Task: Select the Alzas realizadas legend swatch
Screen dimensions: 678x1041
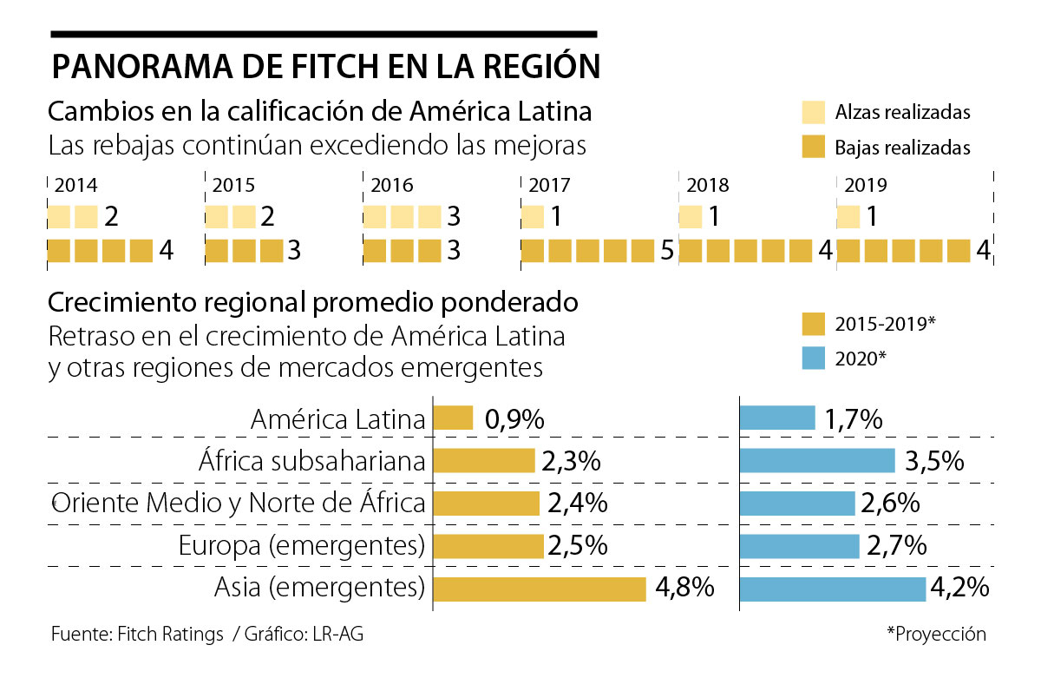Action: click(x=813, y=112)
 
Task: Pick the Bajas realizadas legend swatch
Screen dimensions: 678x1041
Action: click(x=813, y=147)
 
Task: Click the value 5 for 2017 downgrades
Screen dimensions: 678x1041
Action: click(x=666, y=251)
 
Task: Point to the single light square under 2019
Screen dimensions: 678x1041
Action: click(x=848, y=216)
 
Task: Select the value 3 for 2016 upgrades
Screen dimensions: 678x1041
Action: click(x=453, y=216)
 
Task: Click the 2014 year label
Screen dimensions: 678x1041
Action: click(x=75, y=185)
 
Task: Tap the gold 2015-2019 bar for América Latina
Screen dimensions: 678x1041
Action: click(x=453, y=418)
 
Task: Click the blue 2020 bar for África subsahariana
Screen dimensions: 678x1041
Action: click(x=816, y=460)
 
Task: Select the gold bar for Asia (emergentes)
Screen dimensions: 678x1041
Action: click(x=540, y=589)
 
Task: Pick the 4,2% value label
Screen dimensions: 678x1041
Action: click(x=959, y=588)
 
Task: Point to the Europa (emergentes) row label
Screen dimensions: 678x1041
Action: click(x=301, y=546)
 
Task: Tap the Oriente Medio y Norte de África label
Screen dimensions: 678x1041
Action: click(x=239, y=503)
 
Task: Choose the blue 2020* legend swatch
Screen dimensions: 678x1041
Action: click(x=813, y=358)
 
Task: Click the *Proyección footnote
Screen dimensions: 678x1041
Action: click(x=936, y=634)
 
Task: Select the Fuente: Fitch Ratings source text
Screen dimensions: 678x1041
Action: click(x=137, y=635)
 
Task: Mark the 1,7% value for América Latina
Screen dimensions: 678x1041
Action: click(x=854, y=419)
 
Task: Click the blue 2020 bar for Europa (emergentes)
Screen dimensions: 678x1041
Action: click(x=799, y=546)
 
